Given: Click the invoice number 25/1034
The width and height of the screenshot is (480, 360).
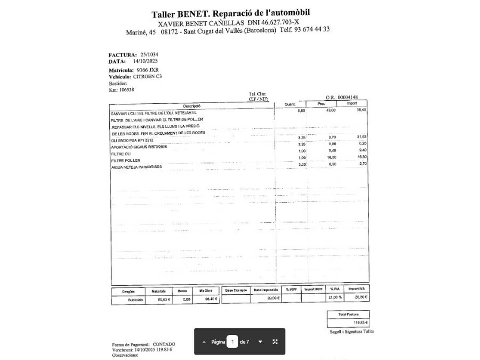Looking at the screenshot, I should coord(149,55).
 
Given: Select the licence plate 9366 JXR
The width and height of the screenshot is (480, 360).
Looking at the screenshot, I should coord(148,70).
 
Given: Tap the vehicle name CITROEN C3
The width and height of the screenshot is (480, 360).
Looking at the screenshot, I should coord(147,76).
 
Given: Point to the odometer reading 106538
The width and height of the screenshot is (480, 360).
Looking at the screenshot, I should coord(127,90).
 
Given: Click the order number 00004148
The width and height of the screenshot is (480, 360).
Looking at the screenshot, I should coord(348,97).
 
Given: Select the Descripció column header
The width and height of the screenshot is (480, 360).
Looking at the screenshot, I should coord(192,106).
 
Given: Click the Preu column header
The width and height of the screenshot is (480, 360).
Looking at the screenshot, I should coord(321,104).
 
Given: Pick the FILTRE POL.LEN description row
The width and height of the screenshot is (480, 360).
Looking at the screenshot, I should coord(126,160).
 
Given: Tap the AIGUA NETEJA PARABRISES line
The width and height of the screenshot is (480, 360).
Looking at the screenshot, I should coord(136,167).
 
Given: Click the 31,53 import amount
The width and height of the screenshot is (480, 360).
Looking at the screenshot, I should coord(361,137).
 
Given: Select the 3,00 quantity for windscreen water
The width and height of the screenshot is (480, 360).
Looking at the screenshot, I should coord(302,164).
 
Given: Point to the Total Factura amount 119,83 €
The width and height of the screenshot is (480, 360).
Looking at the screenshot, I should coord(361,323).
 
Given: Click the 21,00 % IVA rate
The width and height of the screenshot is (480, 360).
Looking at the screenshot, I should coord(335,297).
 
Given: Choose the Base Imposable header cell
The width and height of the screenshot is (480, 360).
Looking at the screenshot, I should coord(266,290).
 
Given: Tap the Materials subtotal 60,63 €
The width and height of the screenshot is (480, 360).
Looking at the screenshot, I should coord(164,299).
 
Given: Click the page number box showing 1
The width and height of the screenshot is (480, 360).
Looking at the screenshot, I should coord(232,342).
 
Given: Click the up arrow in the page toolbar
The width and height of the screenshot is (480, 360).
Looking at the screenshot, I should coord(204,342).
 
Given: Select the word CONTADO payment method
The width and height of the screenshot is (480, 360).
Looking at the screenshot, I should coord(164,344).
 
